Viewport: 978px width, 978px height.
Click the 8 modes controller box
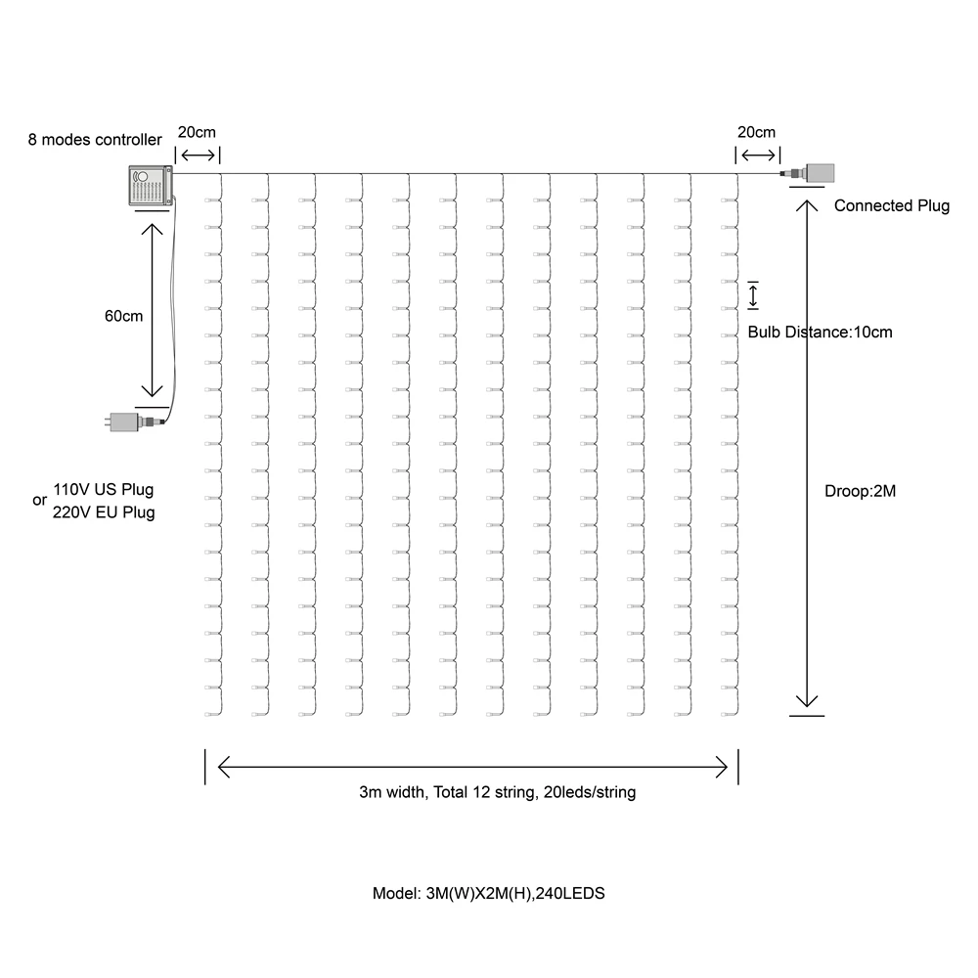(149, 186)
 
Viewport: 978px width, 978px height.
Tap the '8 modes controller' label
(95, 140)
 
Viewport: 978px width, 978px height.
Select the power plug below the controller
(127, 422)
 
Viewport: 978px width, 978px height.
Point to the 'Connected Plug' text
(891, 206)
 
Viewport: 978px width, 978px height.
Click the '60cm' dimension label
(124, 316)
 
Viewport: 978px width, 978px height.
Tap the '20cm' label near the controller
(197, 132)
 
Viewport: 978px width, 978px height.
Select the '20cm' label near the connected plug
(756, 132)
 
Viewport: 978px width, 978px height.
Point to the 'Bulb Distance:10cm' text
(820, 332)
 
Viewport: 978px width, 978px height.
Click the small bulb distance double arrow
(753, 295)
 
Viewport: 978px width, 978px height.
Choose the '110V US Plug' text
(103, 489)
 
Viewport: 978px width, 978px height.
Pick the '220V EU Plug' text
(103, 511)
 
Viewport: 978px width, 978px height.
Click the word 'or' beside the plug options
(39, 501)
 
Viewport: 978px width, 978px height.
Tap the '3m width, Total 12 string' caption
(497, 792)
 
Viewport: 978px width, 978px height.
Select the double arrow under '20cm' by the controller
(198, 156)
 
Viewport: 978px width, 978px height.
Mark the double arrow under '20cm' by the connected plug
(758, 156)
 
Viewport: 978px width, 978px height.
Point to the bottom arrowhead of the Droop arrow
(806, 699)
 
